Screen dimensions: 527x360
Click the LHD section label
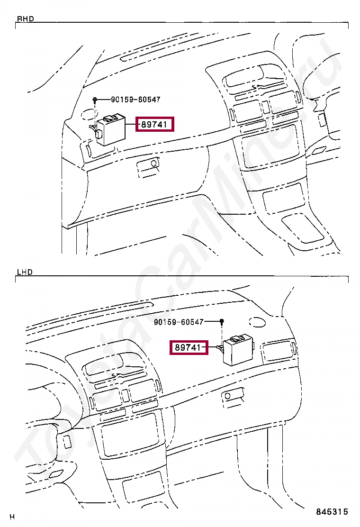(25, 273)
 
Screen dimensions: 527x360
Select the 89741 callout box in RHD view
(155, 125)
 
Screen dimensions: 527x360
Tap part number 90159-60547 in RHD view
(135, 100)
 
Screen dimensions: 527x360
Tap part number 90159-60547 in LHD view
(179, 322)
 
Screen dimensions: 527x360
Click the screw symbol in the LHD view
(221, 322)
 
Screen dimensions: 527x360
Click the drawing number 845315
(332, 512)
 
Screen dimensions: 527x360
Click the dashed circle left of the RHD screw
(86, 114)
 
